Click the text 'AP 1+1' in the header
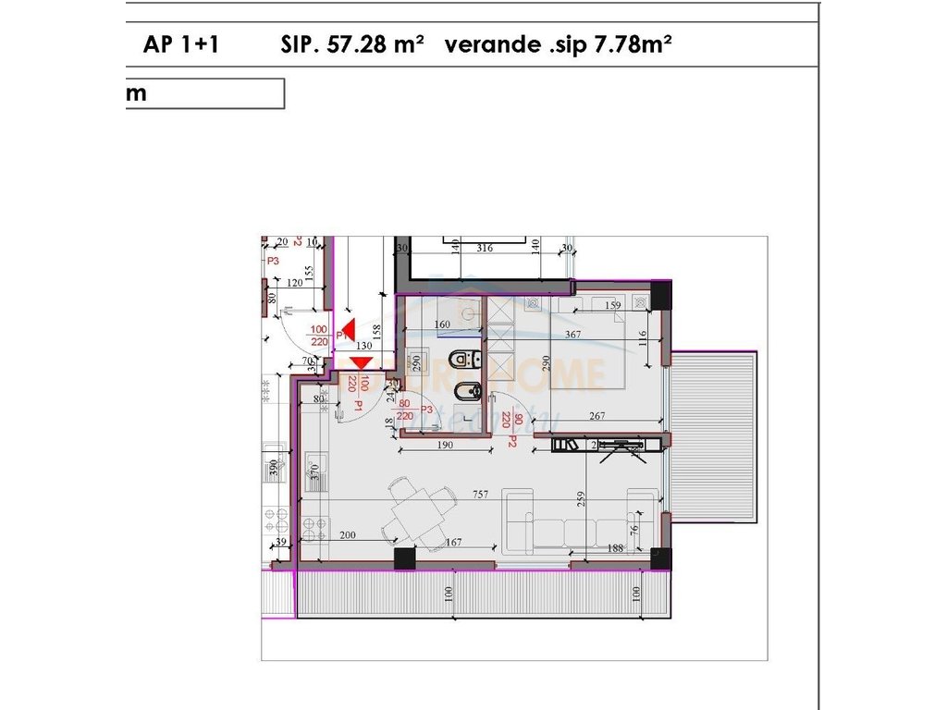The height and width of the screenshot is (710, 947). coord(181,45)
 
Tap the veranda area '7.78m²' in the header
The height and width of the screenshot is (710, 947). coord(631,45)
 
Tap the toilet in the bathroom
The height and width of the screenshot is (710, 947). coord(460,358)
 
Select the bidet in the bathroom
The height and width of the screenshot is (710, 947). coord(469,393)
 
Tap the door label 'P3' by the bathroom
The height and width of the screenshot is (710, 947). coord(427,410)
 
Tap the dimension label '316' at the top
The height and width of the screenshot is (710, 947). coord(484,248)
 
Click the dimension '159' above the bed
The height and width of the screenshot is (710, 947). coord(612,306)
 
